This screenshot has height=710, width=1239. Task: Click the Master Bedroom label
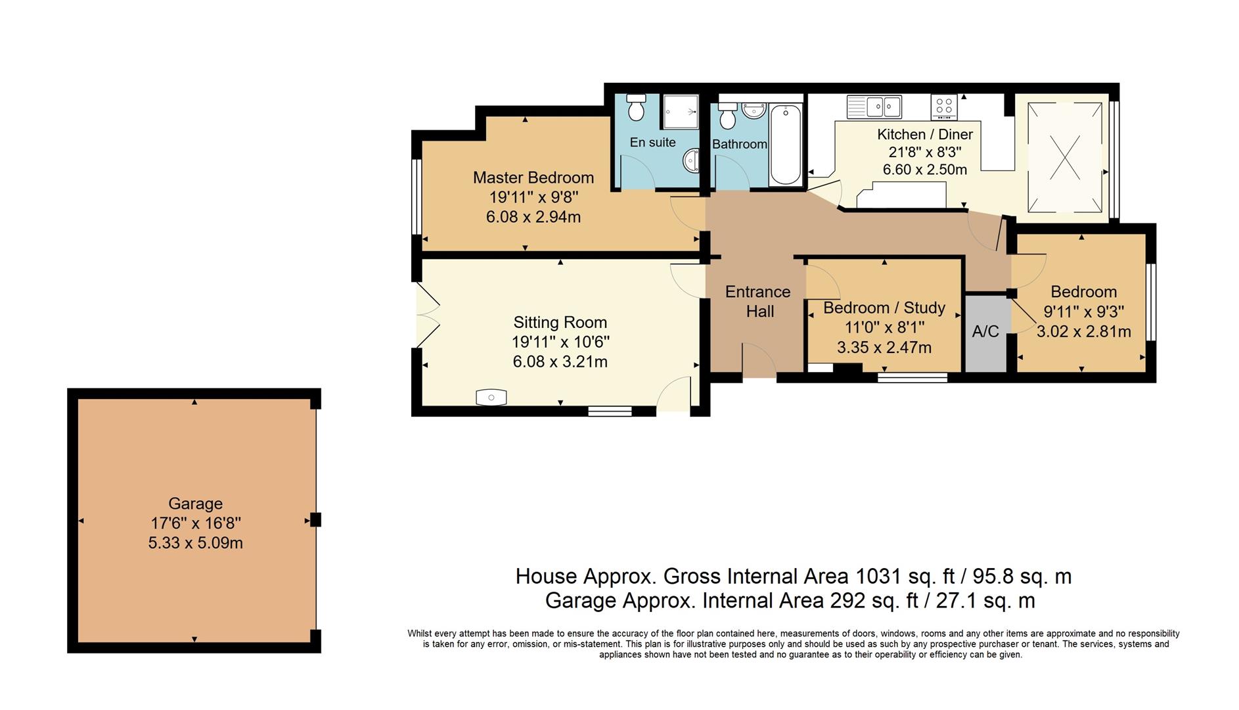[533, 177]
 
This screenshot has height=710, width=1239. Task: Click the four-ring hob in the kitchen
[944, 106]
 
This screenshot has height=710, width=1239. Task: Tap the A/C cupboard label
[985, 331]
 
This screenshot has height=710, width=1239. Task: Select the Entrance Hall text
[758, 302]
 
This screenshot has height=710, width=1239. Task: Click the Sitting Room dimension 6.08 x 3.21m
[560, 362]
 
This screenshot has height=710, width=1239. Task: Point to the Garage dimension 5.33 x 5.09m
[195, 543]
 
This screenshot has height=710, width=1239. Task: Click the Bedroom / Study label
[884, 308]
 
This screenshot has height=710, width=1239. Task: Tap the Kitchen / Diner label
[924, 135]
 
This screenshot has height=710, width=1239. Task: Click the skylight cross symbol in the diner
[1064, 158]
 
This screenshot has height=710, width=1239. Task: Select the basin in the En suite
[691, 160]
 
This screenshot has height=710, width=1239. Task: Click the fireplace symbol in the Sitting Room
[491, 397]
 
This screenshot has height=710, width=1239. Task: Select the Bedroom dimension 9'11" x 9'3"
[1083, 312]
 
